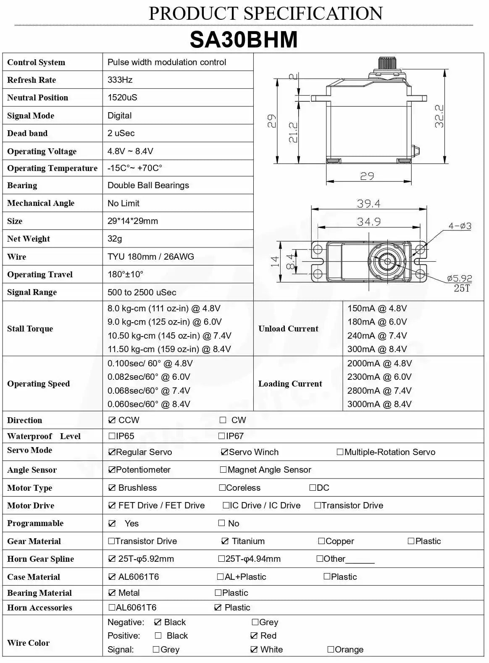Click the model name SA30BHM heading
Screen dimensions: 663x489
(244, 40)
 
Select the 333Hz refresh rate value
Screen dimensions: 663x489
(120, 80)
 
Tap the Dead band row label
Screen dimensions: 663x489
(27, 134)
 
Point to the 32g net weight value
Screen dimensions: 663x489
(115, 239)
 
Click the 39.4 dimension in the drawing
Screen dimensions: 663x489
(368, 204)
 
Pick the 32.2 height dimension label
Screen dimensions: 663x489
(439, 116)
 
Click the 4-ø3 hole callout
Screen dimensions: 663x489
(460, 226)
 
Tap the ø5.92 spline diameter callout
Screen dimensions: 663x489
(459, 279)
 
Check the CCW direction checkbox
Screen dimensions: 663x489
(112, 420)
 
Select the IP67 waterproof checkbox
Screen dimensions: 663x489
(222, 436)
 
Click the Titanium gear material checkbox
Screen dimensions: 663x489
(225, 541)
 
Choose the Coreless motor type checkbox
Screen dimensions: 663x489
(222, 488)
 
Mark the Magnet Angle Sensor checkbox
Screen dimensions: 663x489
(223, 470)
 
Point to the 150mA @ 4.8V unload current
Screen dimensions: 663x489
(377, 308)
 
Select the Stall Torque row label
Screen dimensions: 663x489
(30, 329)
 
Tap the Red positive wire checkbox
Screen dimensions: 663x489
(254, 636)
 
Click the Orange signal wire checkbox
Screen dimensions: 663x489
(331, 650)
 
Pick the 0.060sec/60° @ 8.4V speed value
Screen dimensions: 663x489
(149, 404)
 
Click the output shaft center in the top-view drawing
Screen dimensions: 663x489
(387, 261)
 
